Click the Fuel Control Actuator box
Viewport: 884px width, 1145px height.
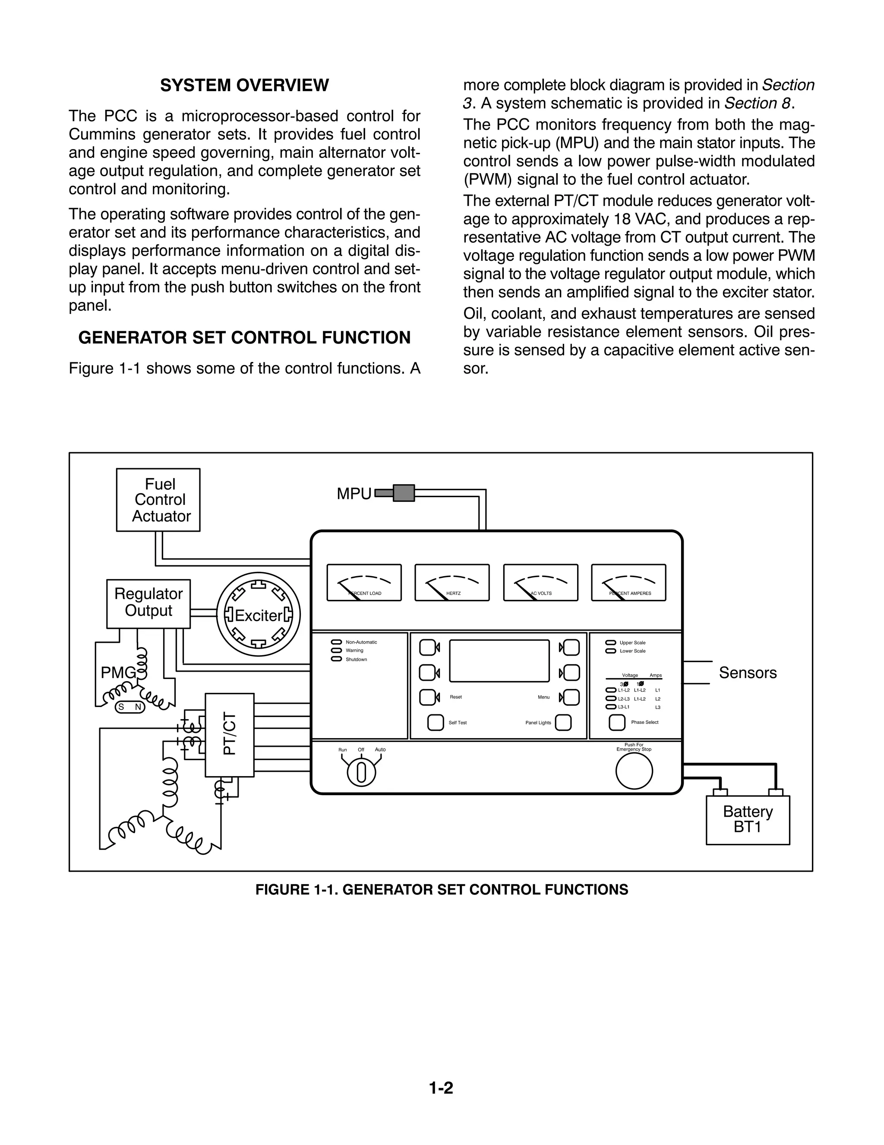pyautogui.click(x=158, y=500)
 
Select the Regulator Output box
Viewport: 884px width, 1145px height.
pyautogui.click(x=148, y=603)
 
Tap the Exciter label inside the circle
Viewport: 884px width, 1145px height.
pyautogui.click(x=258, y=615)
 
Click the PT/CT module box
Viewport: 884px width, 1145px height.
pyautogui.click(x=230, y=735)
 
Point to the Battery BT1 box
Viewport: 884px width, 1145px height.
pyautogui.click(x=747, y=820)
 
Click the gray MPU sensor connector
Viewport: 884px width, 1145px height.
pyautogui.click(x=403, y=493)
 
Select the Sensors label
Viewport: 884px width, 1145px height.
pyautogui.click(x=747, y=672)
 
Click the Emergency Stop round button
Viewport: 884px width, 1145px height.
pyautogui.click(x=634, y=771)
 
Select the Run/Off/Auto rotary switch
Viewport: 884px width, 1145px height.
pyautogui.click(x=361, y=773)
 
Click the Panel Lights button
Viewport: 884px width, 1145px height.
pyautogui.click(x=563, y=723)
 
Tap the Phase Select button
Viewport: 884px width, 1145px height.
pyautogui.click(x=617, y=723)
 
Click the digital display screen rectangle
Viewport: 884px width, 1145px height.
pyautogui.click(x=499, y=660)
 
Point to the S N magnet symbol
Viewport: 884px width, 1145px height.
pyautogui.click(x=129, y=707)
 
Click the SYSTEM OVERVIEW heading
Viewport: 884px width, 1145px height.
pyautogui.click(x=244, y=86)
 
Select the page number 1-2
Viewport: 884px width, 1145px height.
pyautogui.click(x=441, y=1088)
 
